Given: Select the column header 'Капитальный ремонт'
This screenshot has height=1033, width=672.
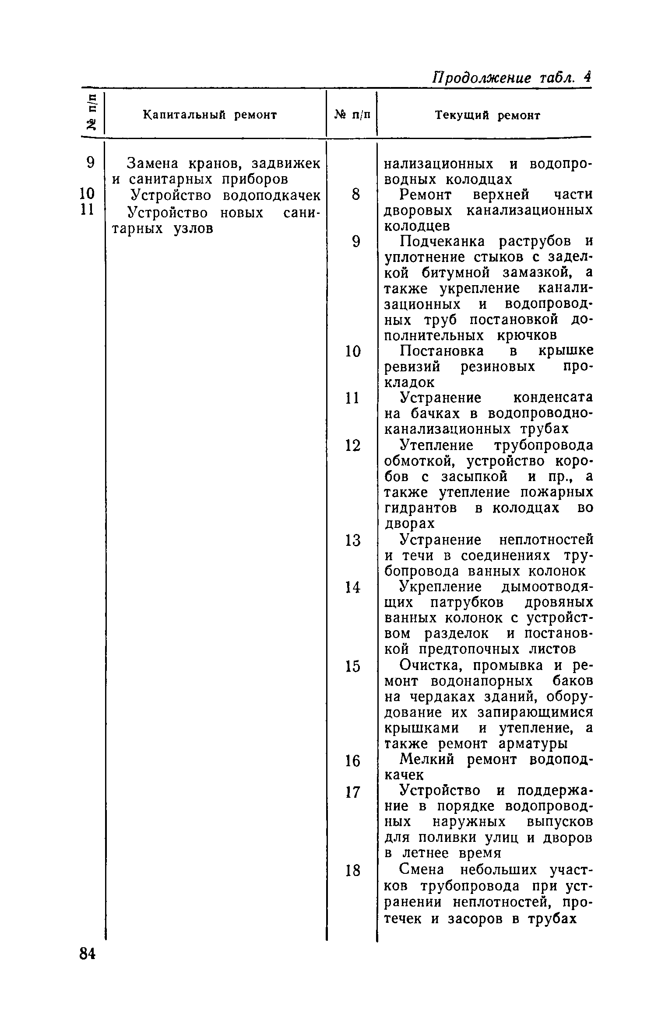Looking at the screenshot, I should (210, 115).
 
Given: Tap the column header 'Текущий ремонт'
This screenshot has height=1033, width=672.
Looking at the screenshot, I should (487, 115).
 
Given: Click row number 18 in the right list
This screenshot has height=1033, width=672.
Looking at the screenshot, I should (353, 871).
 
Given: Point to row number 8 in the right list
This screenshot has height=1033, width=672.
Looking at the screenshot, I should (355, 194).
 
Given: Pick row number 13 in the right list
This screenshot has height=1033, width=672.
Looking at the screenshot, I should (353, 541).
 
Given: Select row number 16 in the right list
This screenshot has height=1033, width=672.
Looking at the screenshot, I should (353, 761).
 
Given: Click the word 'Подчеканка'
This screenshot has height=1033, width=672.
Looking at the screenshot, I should (443, 241).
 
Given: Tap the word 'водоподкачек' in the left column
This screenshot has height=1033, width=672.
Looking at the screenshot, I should (272, 195).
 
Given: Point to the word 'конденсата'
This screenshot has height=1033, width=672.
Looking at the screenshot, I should (552, 398).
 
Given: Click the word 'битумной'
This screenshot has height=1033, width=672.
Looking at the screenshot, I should (459, 273).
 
